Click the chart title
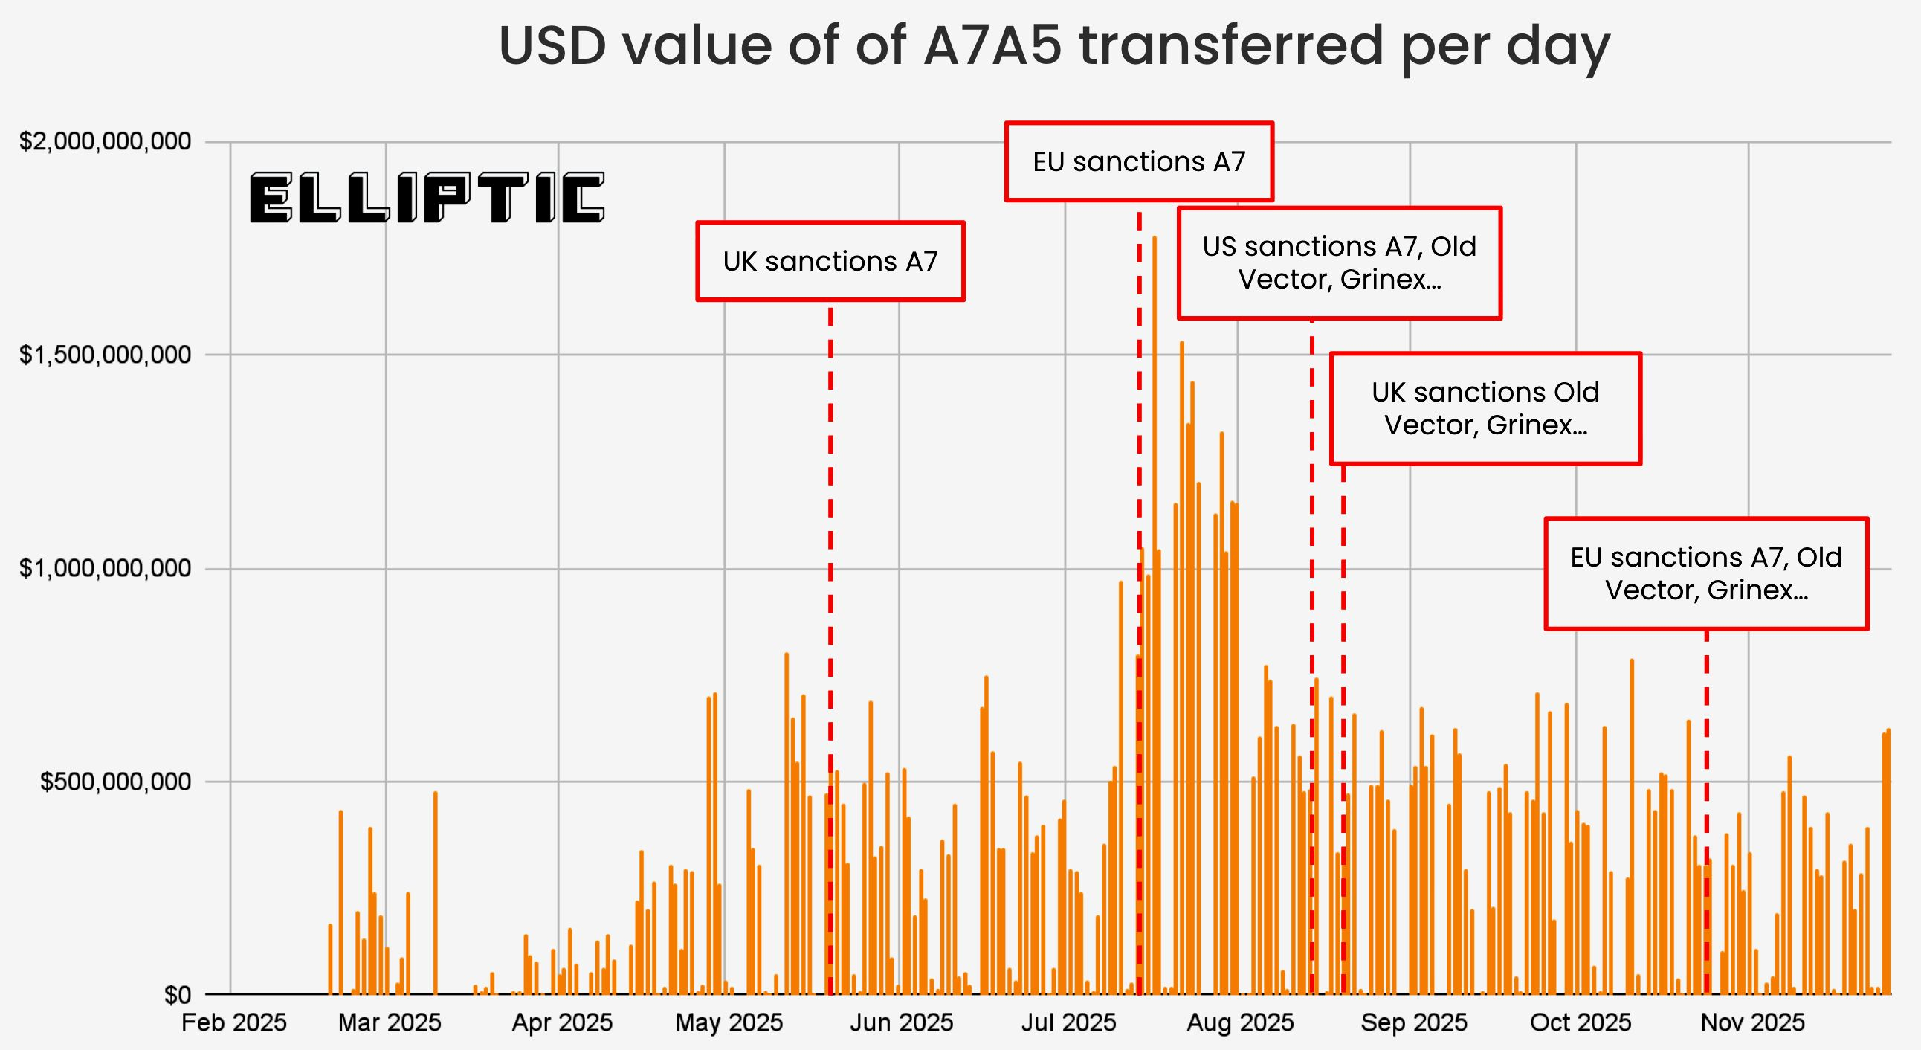(x=1053, y=46)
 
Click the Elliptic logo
(x=427, y=199)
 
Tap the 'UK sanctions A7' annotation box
(x=830, y=262)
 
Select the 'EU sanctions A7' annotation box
(x=1139, y=162)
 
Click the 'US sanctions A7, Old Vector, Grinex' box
(x=1340, y=263)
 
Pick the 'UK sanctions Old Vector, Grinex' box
(x=1485, y=409)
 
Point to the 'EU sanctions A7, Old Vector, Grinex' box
(x=1706, y=573)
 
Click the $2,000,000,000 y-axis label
(x=105, y=141)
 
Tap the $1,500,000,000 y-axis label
(x=105, y=355)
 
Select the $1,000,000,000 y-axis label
(x=105, y=569)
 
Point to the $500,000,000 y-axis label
(x=115, y=782)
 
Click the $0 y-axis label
(x=178, y=995)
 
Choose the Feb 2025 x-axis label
(x=233, y=1022)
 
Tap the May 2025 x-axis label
(x=729, y=1022)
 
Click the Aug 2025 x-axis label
(x=1239, y=1022)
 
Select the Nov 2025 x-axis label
(x=1751, y=1022)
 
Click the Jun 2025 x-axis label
(x=901, y=1022)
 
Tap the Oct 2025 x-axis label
(x=1581, y=1022)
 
